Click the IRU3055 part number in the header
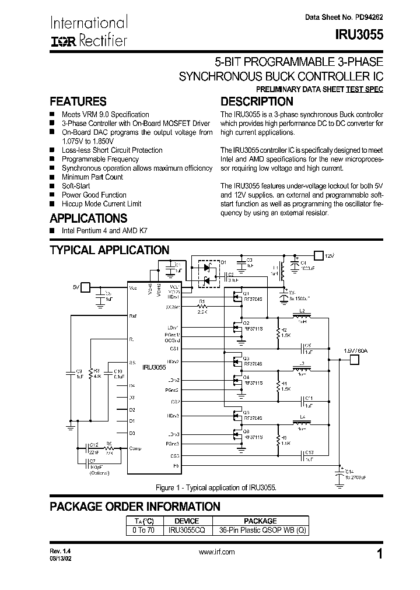[x=359, y=34]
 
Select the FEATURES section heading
[x=78, y=101]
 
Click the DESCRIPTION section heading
[x=256, y=101]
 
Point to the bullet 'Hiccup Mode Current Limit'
[x=101, y=204]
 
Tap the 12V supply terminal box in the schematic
[x=318, y=255]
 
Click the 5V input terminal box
[x=85, y=286]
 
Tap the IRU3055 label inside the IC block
[x=154, y=368]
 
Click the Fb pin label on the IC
[x=176, y=466]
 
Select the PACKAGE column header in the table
[x=260, y=521]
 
